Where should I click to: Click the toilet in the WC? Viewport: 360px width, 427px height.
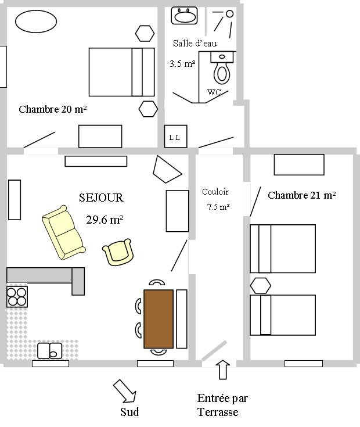222,68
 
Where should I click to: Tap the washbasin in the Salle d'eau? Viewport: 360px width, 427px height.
185,16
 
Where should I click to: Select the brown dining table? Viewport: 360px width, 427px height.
159,319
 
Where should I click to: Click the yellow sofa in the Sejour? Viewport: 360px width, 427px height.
63,232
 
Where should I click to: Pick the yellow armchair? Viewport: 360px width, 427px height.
118,252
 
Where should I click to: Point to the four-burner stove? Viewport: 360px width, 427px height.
17,296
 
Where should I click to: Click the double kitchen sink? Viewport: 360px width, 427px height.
49,351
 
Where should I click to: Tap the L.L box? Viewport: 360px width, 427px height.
175,137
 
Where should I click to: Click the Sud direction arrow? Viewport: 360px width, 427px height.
125,391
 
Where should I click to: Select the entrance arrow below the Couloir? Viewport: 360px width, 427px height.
223,370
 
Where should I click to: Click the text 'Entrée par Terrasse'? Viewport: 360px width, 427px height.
222,405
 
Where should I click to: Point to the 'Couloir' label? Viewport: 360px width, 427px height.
215,192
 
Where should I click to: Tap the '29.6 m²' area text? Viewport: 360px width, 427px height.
105,219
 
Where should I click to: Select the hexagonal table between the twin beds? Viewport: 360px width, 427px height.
260,285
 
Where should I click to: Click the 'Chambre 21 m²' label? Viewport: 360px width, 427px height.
302,195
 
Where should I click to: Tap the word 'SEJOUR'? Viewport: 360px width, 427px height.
101,198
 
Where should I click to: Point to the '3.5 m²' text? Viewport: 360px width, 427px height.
182,64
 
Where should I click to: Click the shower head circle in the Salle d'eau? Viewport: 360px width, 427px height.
230,13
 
